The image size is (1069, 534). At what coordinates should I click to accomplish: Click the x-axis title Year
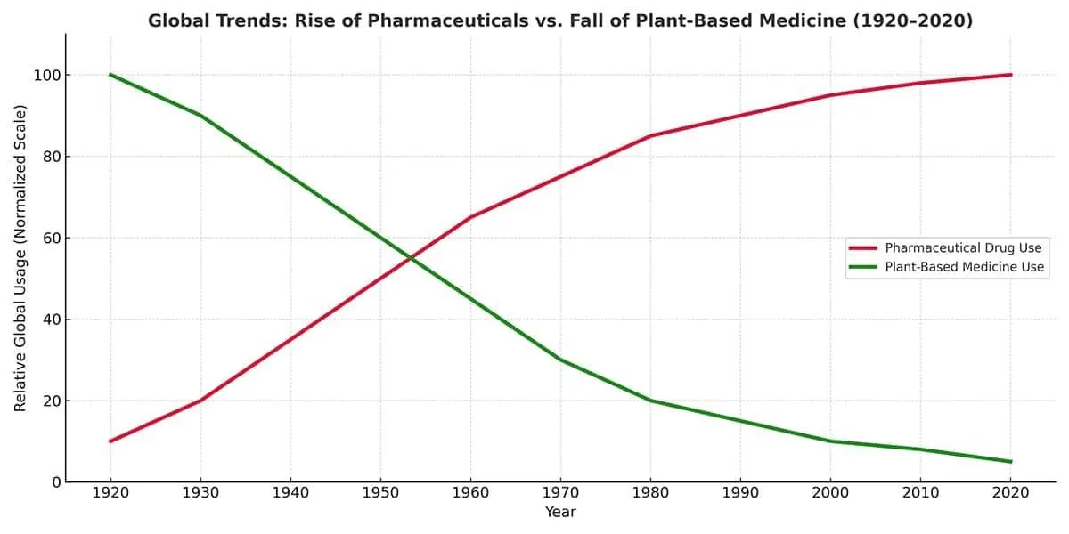click(x=560, y=513)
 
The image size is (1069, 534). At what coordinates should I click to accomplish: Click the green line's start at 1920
click(x=110, y=75)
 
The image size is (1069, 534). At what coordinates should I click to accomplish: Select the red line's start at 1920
click(x=110, y=441)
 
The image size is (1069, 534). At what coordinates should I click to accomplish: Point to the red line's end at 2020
click(x=1010, y=75)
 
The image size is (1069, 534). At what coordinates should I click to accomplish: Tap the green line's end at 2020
click(x=1010, y=462)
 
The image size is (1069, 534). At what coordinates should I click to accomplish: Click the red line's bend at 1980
click(x=650, y=136)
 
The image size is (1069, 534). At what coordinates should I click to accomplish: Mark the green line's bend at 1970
click(x=560, y=360)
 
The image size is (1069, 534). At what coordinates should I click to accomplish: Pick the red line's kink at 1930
click(x=200, y=400)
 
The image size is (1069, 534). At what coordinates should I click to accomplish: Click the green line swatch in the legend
click(x=862, y=267)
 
